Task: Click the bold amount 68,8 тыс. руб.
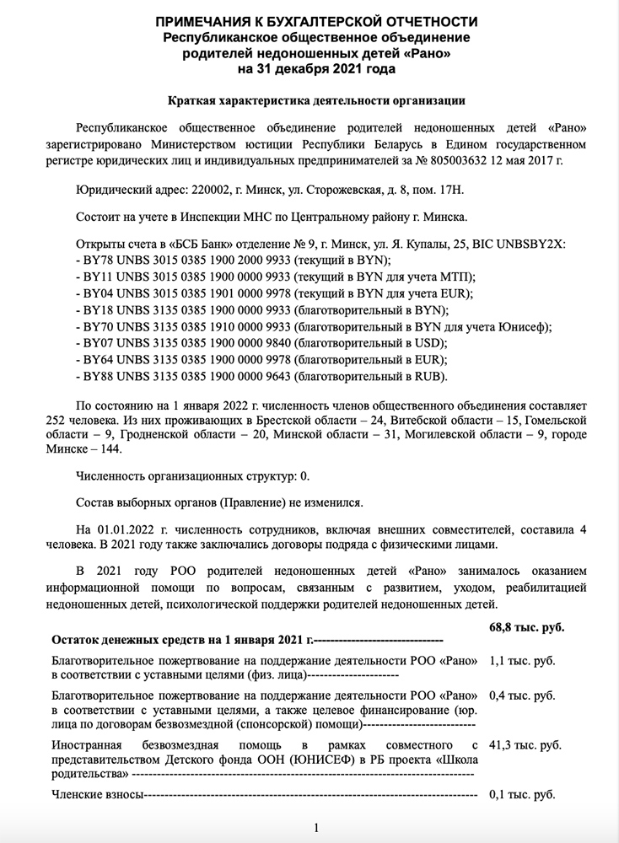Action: point(527,627)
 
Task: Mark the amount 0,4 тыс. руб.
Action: point(524,696)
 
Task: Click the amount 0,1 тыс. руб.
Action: point(524,795)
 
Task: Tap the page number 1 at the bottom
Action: point(315,828)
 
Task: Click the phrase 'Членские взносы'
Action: point(98,795)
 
